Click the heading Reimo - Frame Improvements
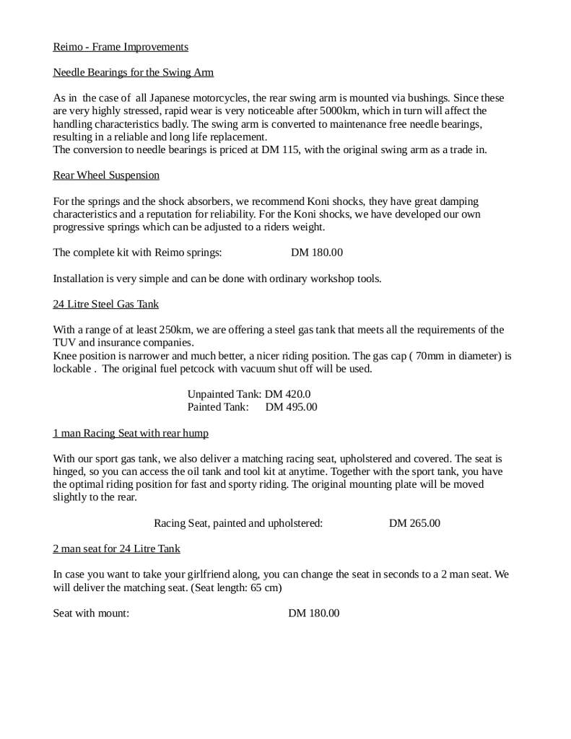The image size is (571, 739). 121,47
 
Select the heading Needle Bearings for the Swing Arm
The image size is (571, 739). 133,73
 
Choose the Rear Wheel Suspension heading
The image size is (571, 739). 106,175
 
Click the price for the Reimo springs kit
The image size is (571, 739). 317,253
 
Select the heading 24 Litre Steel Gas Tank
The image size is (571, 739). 106,305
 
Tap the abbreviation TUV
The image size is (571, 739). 64,343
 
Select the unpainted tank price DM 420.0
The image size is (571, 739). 287,394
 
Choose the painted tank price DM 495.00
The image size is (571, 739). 291,407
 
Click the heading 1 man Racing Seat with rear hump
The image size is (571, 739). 131,433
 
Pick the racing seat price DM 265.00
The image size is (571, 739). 414,523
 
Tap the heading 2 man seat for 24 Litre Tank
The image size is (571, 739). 116,548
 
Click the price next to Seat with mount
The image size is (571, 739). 314,613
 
